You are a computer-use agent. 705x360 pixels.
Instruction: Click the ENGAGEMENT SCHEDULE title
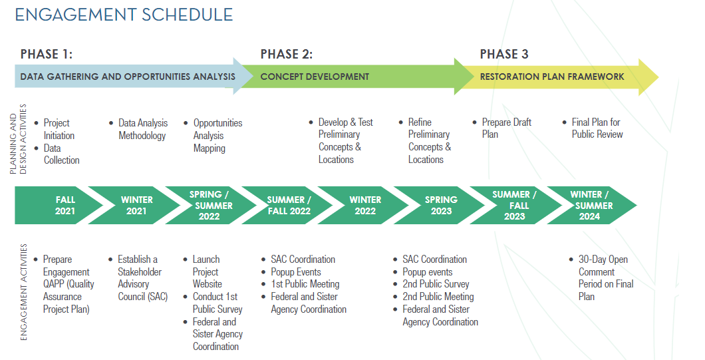[124, 14]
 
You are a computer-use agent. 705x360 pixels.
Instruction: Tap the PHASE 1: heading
[47, 54]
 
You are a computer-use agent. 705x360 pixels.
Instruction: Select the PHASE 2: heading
[286, 54]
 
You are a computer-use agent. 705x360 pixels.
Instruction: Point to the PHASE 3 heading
[504, 54]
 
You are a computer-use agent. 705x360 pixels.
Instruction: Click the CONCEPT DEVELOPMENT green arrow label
[315, 77]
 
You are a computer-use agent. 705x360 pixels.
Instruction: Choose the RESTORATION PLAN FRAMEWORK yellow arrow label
[552, 77]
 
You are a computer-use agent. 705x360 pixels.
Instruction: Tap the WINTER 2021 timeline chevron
[137, 205]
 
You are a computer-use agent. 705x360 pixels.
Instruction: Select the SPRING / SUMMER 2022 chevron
[209, 205]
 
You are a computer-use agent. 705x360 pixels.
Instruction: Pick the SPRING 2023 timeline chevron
[442, 205]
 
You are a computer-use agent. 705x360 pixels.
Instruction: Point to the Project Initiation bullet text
[59, 129]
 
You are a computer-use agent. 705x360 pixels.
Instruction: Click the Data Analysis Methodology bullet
[143, 129]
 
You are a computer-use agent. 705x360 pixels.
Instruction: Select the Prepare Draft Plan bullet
[506, 128]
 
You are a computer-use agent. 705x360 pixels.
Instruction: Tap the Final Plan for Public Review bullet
[597, 128]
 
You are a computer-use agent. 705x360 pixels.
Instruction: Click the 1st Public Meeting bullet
[305, 284]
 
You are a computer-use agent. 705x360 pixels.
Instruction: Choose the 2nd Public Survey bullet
[436, 284]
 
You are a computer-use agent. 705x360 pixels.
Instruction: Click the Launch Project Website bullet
[207, 271]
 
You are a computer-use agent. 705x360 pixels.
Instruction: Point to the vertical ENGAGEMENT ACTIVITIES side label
[24, 292]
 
